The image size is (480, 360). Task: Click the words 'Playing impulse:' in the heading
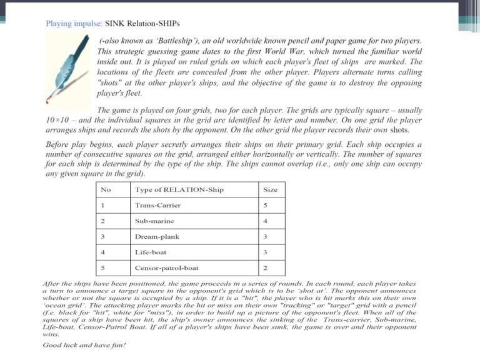coord(71,24)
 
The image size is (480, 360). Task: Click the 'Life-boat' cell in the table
coord(150,252)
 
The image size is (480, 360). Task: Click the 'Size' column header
coord(271,189)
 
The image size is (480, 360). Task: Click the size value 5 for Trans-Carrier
coord(265,205)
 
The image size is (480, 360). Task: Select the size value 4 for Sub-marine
coord(265,221)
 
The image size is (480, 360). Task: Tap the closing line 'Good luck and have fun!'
coord(83,345)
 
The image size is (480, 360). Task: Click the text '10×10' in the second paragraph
coord(57,119)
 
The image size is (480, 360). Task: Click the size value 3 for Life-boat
coord(265,252)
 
